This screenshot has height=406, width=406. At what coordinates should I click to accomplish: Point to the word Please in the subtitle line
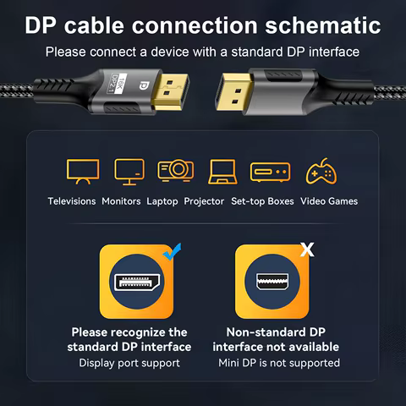point(66,52)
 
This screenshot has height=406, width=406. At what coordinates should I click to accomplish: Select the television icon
point(82,173)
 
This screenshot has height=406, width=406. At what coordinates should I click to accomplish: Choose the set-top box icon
point(270,173)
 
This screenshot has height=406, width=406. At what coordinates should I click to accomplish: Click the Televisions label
point(72,201)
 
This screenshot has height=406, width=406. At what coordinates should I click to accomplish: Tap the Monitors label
point(121,201)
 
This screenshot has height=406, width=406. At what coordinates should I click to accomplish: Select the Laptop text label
point(162,201)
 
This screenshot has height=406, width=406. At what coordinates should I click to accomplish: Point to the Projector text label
point(204,201)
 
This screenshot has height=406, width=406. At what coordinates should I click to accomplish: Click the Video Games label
point(329,201)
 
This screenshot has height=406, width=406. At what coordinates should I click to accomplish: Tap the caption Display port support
point(129,363)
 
